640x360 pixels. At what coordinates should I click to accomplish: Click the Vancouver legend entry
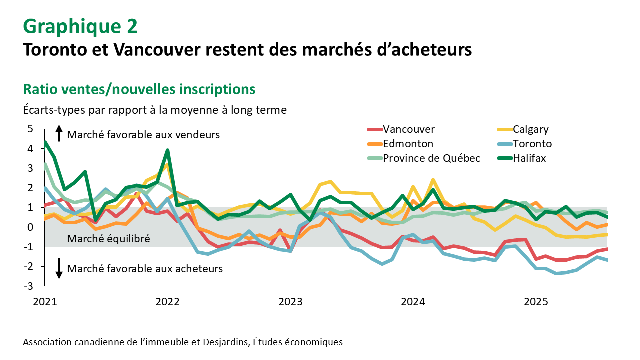coord(408,130)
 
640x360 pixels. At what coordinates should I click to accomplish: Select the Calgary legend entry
coord(530,130)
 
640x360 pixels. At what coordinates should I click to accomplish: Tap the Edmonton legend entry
coord(408,144)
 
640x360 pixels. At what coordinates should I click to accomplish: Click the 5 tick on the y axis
coord(30,129)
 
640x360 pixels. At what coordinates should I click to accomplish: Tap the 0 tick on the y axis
coord(30,227)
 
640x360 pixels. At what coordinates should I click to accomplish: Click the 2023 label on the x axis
coord(290,302)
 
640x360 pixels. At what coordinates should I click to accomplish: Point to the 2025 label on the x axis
coord(535,302)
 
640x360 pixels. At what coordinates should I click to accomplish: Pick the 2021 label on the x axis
coord(45,302)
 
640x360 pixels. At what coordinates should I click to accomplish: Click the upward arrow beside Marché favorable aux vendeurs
coord(59,133)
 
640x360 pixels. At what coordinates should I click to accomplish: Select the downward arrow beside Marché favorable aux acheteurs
coord(59,268)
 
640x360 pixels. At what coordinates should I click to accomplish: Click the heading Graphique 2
coord(80,26)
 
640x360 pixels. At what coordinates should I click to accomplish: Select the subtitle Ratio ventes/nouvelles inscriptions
coord(139,89)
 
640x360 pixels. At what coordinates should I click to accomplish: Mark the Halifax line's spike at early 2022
coord(168,150)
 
